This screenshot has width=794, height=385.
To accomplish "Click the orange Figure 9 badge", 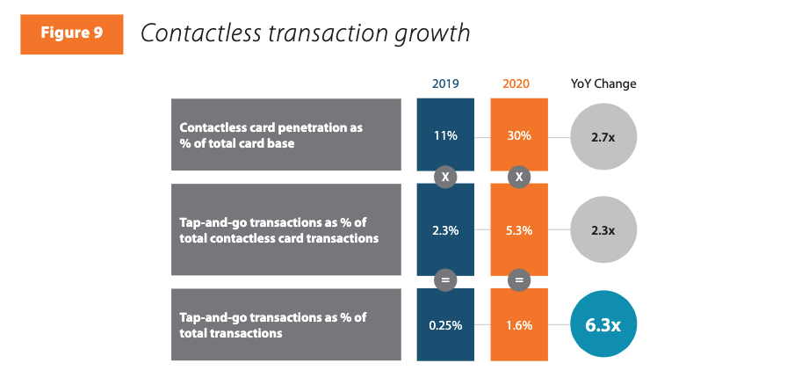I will tap(71, 33).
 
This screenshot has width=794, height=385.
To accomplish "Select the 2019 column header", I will tap(445, 84).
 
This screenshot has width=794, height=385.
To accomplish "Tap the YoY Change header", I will tap(603, 84).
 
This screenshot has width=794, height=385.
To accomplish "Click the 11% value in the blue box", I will tap(445, 136).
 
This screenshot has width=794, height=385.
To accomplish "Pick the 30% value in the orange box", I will tap(518, 136).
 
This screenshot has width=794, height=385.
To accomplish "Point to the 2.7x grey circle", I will tap(603, 137).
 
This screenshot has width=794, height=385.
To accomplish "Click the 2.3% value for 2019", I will tap(445, 230).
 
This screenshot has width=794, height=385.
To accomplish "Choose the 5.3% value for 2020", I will tap(518, 230).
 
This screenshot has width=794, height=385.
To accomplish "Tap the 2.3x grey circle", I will tap(603, 230).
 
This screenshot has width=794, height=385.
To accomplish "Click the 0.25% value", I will tap(445, 325).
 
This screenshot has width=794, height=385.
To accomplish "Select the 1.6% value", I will tap(518, 325).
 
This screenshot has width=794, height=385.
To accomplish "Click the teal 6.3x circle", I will tap(603, 324).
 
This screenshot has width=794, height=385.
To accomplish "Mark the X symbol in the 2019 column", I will tap(445, 176).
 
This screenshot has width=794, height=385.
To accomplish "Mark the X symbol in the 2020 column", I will tap(518, 176).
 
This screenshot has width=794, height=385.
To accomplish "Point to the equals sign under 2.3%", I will tap(445, 280).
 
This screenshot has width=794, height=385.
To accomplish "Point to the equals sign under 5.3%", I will tap(518, 280).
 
